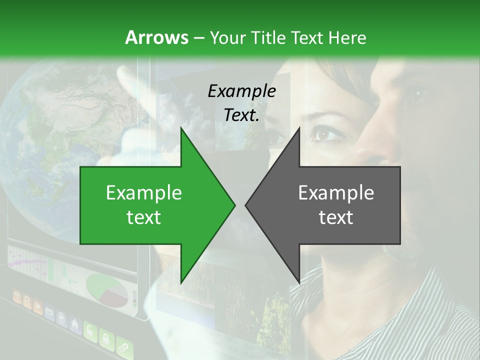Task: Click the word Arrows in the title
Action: click(x=156, y=37)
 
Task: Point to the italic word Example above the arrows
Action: click(x=241, y=91)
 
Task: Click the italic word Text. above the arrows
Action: click(x=241, y=115)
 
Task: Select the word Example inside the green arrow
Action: click(x=144, y=193)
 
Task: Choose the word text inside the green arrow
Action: click(x=144, y=217)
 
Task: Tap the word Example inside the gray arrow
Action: click(x=336, y=193)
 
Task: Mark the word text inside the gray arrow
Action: click(x=336, y=217)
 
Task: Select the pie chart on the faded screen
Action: click(x=106, y=289)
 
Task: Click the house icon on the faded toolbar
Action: click(x=75, y=323)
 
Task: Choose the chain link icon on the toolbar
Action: click(x=122, y=346)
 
